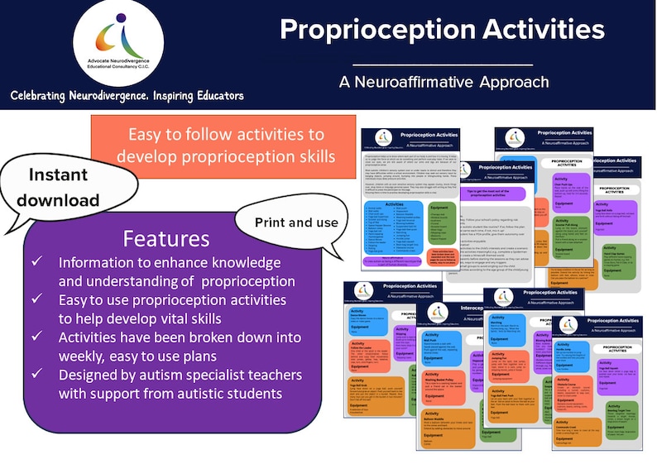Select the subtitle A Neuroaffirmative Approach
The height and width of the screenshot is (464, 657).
(x=444, y=82)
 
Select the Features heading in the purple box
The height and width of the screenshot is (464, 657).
(x=165, y=240)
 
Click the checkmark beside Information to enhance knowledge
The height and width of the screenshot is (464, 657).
(x=36, y=263)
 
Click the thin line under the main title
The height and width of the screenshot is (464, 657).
(x=444, y=65)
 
